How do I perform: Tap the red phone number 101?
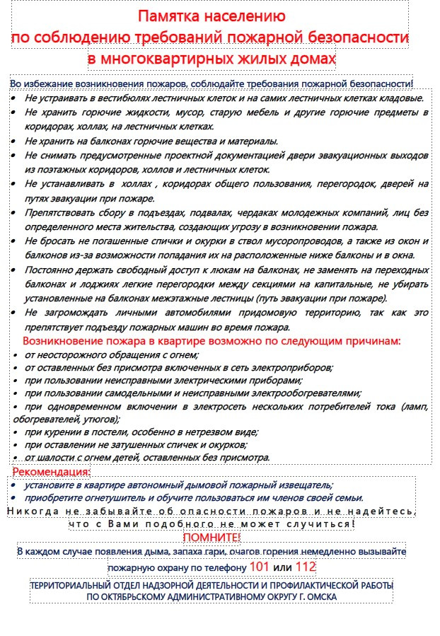[x=260, y=567]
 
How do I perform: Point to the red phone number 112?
[x=306, y=567]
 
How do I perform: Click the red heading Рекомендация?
[x=51, y=472]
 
